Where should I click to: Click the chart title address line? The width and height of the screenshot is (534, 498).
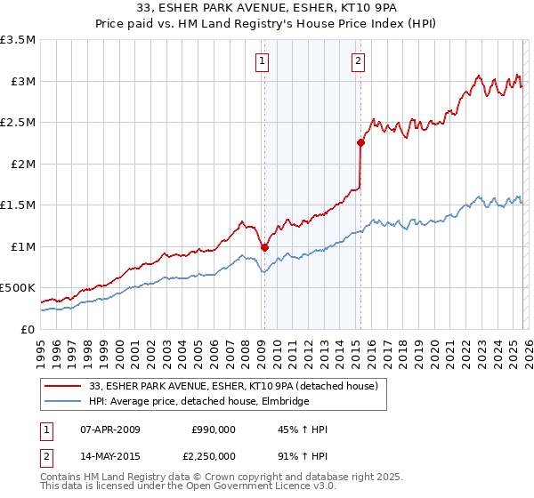pos(266,10)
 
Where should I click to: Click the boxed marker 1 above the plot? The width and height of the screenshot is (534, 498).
pos(263,61)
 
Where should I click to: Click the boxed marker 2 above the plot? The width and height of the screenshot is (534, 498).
pos(358,61)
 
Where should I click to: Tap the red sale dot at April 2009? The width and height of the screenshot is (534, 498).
pos(264,247)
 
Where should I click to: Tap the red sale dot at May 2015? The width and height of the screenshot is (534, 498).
pos(360,142)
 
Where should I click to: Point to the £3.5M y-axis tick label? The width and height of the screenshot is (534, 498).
pos(19,40)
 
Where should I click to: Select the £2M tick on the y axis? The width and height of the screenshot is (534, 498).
pos(22,164)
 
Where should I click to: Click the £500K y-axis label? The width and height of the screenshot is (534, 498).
pos(19,288)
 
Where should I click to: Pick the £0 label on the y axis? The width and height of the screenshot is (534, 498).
pos(28,329)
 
